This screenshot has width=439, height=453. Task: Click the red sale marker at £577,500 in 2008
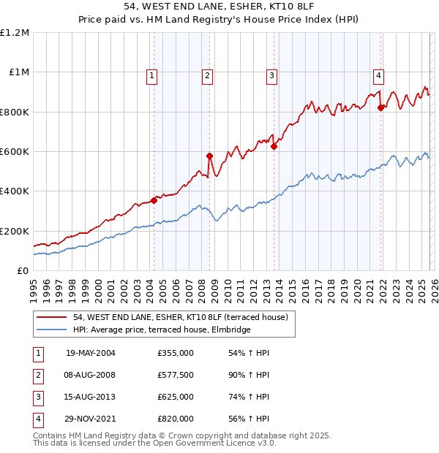pyautogui.click(x=209, y=156)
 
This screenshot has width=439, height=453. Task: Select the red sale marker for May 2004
pyautogui.click(x=154, y=200)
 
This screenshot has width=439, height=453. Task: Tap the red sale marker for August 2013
pyautogui.click(x=274, y=146)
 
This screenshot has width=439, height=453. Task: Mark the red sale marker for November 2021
pyautogui.click(x=380, y=107)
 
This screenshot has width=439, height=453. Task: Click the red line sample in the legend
pyautogui.click(x=53, y=317)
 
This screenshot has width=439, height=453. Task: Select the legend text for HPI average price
pyautogui.click(x=162, y=330)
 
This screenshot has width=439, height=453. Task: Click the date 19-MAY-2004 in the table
pyautogui.click(x=91, y=353)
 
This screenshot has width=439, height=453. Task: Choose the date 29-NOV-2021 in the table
pyautogui.click(x=91, y=419)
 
